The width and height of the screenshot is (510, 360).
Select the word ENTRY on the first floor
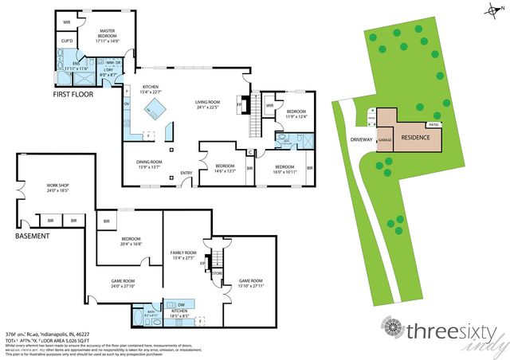186,173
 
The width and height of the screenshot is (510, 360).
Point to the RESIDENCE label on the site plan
415,137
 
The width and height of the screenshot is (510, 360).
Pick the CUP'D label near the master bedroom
67,41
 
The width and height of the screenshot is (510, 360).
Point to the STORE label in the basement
216,273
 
